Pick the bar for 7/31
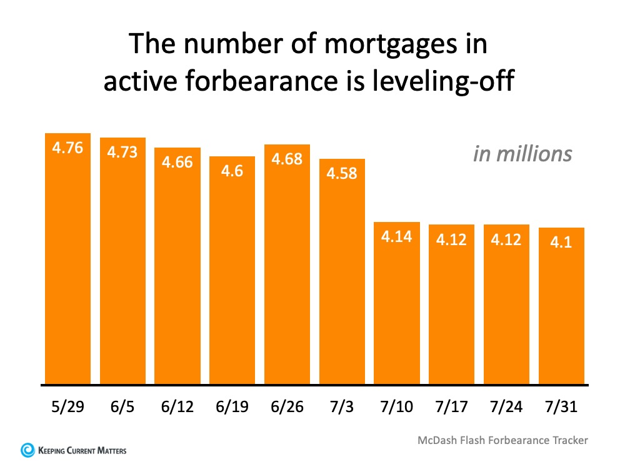pyautogui.click(x=561, y=306)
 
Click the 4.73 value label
pyautogui.click(x=122, y=152)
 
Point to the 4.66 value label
pyautogui.click(x=177, y=162)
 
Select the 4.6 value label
pyautogui.click(x=232, y=171)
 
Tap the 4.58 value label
pyautogui.click(x=342, y=173)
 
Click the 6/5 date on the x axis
pyautogui.click(x=122, y=408)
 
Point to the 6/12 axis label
pyautogui.click(x=177, y=408)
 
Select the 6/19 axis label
pyautogui.click(x=232, y=408)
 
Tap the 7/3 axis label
pyautogui.click(x=342, y=408)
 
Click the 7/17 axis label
pyautogui.click(x=451, y=408)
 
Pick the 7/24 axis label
pyautogui.click(x=506, y=408)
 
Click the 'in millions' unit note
pyautogui.click(x=522, y=154)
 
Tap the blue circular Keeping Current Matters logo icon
pyautogui.click(x=27, y=450)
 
